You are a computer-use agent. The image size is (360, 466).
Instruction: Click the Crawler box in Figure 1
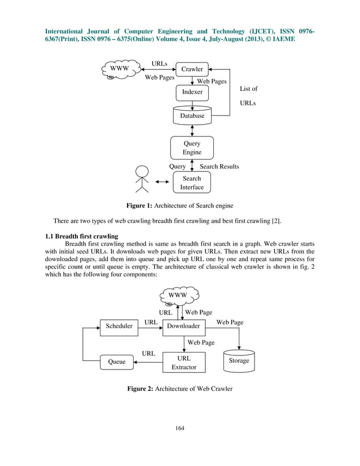tap(192, 69)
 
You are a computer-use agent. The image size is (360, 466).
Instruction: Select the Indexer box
tap(192, 92)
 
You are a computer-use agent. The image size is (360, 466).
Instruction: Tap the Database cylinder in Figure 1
tap(192, 115)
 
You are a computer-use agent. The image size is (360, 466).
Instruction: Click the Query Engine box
tap(192, 148)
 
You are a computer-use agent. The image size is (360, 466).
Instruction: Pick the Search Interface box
tap(192, 182)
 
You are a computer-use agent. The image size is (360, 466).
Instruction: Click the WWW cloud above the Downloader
tap(179, 296)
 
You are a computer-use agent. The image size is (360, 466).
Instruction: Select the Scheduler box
tap(119, 326)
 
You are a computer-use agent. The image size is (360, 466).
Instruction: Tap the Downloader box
tap(184, 326)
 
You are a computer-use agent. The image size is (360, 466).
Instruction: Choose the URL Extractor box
tap(184, 362)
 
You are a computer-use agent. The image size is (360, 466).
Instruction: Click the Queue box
tap(117, 362)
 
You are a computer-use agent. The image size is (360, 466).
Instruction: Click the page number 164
tap(179, 428)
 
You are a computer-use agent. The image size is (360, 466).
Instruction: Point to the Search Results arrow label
tap(219, 167)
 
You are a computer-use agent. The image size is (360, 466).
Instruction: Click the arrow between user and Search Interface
tap(162, 182)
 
